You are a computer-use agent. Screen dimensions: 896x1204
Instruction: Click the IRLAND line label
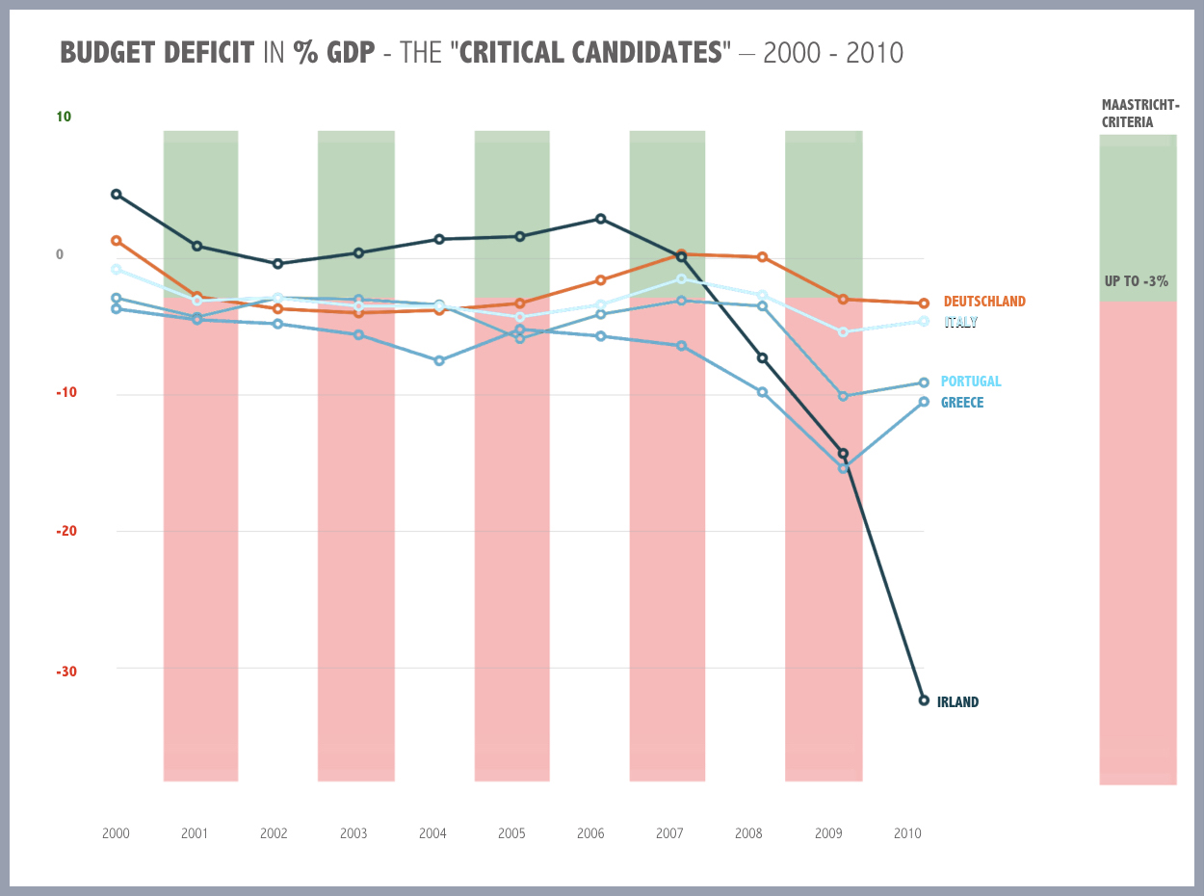point(957,702)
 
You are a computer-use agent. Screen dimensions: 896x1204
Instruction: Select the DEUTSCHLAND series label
point(984,302)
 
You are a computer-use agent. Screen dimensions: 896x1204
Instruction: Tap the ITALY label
point(960,323)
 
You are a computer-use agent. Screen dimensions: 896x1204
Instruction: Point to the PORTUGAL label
point(971,382)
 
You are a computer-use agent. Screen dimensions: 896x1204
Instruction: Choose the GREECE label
point(962,403)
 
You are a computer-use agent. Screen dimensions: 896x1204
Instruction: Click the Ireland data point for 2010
point(924,700)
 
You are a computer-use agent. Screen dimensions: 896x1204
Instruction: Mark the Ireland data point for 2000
point(117,195)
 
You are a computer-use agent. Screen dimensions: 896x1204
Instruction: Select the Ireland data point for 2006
point(601,219)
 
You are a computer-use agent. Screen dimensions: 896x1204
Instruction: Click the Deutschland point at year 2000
point(117,240)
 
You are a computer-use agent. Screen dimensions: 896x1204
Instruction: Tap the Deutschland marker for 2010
point(924,303)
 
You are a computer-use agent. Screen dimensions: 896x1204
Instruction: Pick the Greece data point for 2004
point(439,360)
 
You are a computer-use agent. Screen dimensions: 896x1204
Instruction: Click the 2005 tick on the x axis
point(511,833)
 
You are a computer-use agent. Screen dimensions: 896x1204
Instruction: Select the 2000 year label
point(116,833)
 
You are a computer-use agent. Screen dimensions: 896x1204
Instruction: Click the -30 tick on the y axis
point(64,672)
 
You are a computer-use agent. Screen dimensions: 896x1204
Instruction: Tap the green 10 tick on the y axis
point(64,118)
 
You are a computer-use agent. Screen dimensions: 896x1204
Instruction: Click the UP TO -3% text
point(1137,281)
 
